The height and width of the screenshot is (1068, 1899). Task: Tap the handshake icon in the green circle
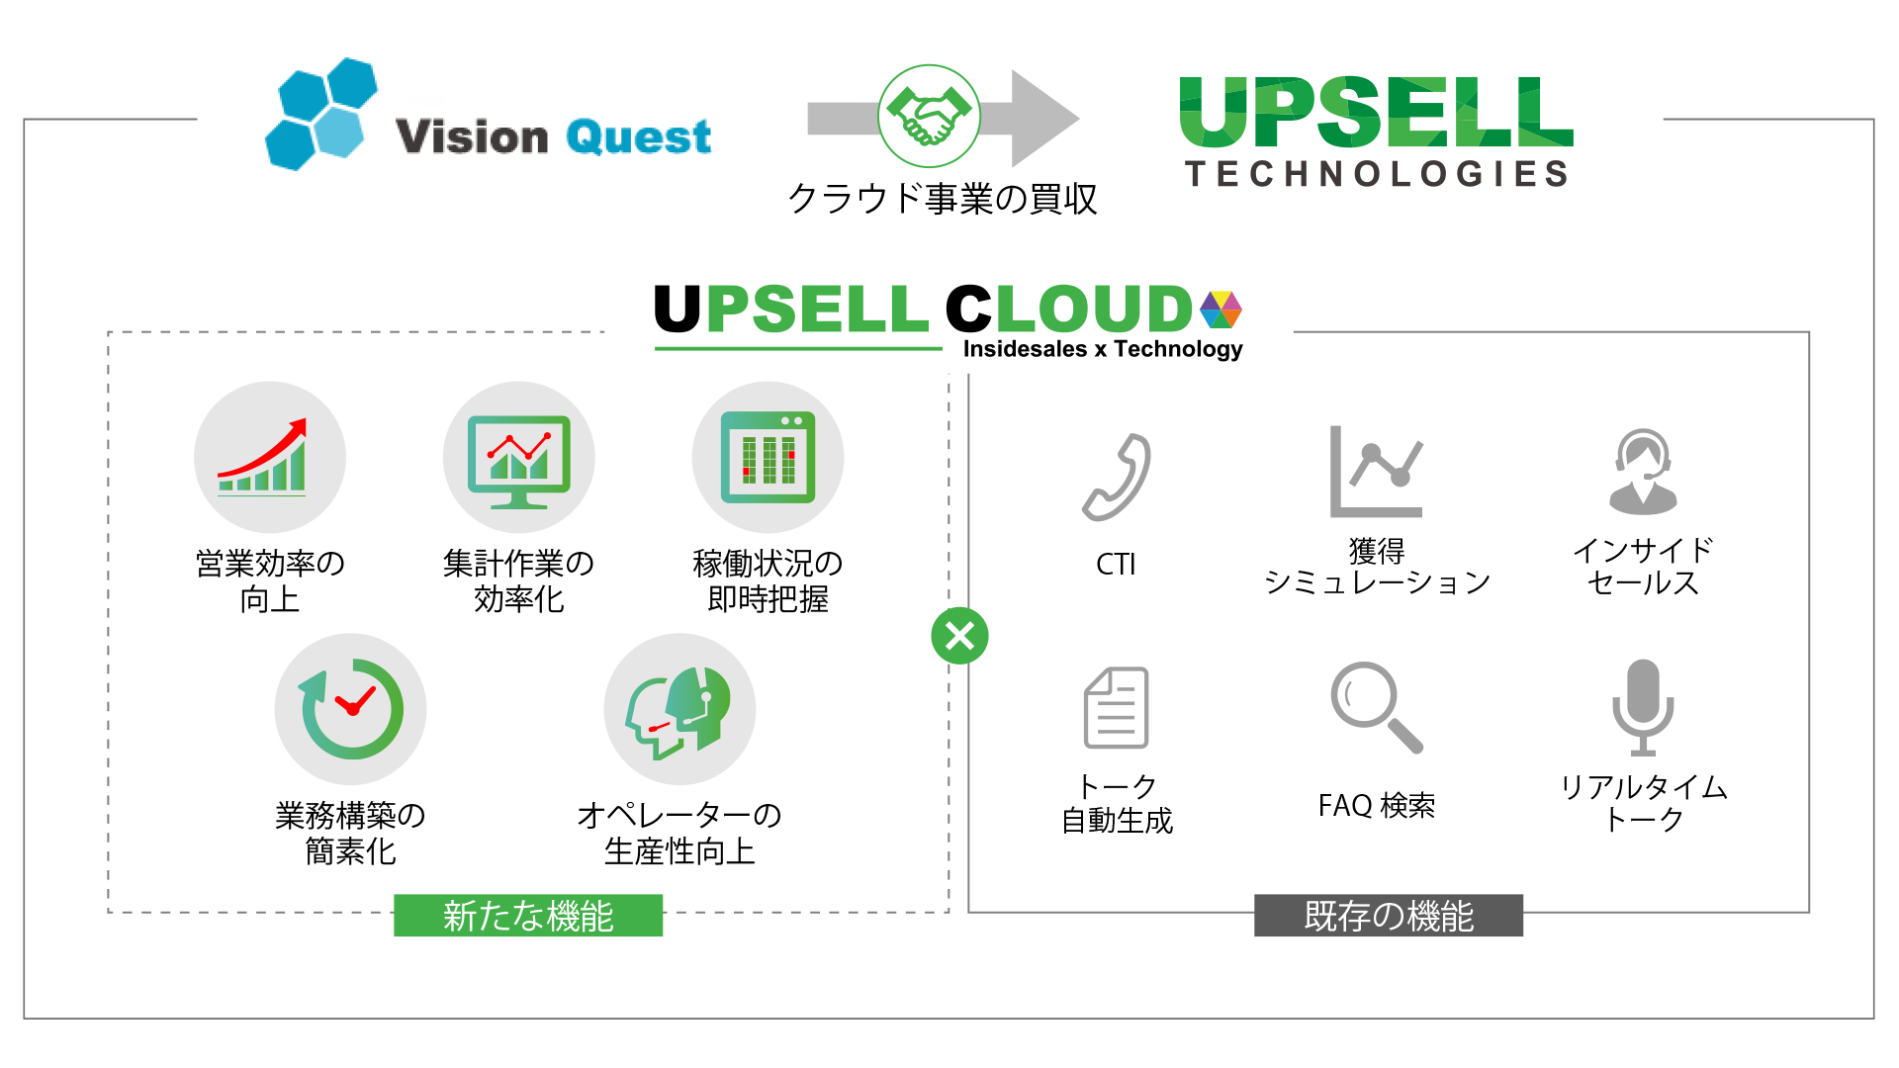pyautogui.click(x=929, y=117)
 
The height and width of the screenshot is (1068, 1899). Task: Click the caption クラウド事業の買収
pyautogui.click(x=942, y=199)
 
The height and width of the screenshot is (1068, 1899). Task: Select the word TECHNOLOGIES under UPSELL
pyautogui.click(x=1377, y=174)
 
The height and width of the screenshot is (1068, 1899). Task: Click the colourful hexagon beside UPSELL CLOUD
pyautogui.click(x=1221, y=310)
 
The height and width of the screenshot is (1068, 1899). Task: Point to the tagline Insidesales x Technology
pyautogui.click(x=1102, y=349)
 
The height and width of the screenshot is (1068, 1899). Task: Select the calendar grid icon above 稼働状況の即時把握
pyautogui.click(x=768, y=457)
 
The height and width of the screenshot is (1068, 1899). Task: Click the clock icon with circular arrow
pyautogui.click(x=350, y=709)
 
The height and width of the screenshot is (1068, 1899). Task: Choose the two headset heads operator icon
pyautogui.click(x=679, y=710)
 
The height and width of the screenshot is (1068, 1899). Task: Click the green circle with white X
pyautogui.click(x=959, y=636)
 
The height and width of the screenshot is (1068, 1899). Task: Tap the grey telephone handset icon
pyautogui.click(x=1117, y=478)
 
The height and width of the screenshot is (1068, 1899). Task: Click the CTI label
pyautogui.click(x=1116, y=565)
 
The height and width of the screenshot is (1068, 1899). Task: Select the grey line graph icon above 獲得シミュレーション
pyautogui.click(x=1376, y=473)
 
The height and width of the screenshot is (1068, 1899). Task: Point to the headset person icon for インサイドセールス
pyautogui.click(x=1643, y=472)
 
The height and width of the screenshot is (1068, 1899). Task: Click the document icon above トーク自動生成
pyautogui.click(x=1117, y=708)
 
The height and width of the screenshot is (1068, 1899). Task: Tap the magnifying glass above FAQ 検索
pyautogui.click(x=1376, y=707)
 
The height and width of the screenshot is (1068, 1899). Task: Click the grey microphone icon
pyautogui.click(x=1643, y=707)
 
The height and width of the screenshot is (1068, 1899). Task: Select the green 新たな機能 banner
pyautogui.click(x=528, y=916)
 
